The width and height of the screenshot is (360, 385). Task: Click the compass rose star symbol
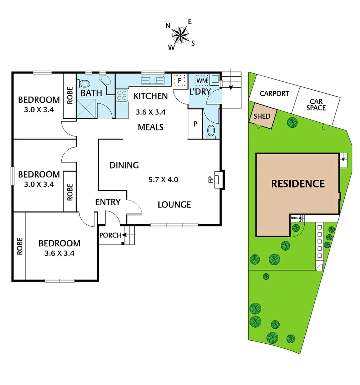[181, 35]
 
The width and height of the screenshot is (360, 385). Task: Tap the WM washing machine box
[202, 81]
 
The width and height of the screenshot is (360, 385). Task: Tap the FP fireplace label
[211, 179]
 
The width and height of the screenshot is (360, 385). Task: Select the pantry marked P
[195, 124]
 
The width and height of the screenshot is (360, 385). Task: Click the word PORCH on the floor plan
[110, 235]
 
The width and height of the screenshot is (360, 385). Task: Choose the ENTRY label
[108, 202]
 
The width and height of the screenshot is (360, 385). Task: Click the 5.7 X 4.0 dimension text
[163, 180]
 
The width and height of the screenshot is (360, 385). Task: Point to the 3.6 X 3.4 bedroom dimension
[59, 254]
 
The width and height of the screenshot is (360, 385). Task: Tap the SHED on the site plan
[262, 116]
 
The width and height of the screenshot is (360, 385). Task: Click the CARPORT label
[274, 94]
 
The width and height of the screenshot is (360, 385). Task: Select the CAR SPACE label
[316, 104]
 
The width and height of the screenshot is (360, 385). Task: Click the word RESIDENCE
[298, 184]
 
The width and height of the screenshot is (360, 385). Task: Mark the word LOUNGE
[174, 205]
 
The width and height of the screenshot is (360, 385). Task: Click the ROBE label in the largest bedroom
[19, 246]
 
